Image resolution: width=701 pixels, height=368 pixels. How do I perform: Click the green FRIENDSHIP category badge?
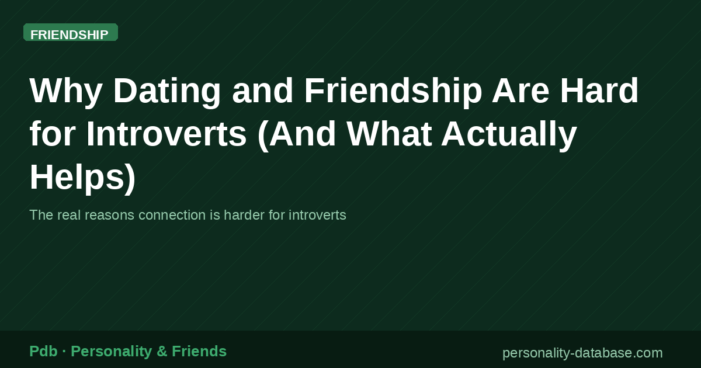[70, 33]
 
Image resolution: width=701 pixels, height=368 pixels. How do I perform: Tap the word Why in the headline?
[65, 91]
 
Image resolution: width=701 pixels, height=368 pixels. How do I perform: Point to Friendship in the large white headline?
[393, 91]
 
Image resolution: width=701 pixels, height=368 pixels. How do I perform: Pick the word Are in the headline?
[518, 91]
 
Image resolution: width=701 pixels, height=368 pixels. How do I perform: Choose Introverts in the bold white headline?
[167, 134]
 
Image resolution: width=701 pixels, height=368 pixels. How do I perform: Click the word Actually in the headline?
[509, 134]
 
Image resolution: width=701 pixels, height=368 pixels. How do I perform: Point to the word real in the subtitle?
[70, 215]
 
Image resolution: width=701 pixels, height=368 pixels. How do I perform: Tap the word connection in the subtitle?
[171, 215]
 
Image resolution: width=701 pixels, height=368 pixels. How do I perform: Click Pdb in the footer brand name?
[43, 351]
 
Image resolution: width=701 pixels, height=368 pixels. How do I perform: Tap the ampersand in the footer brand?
[162, 351]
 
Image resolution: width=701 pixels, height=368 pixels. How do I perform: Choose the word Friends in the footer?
[199, 351]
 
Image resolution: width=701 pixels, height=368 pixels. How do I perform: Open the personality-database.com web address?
[582, 353]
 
